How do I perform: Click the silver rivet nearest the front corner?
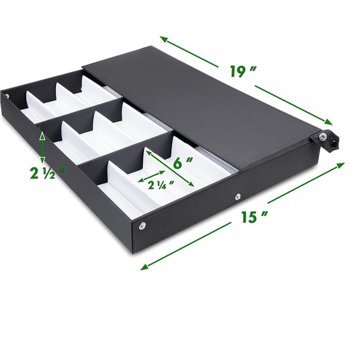click(x=143, y=227)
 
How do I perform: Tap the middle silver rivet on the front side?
click(x=238, y=197)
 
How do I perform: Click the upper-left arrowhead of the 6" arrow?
click(x=146, y=150)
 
